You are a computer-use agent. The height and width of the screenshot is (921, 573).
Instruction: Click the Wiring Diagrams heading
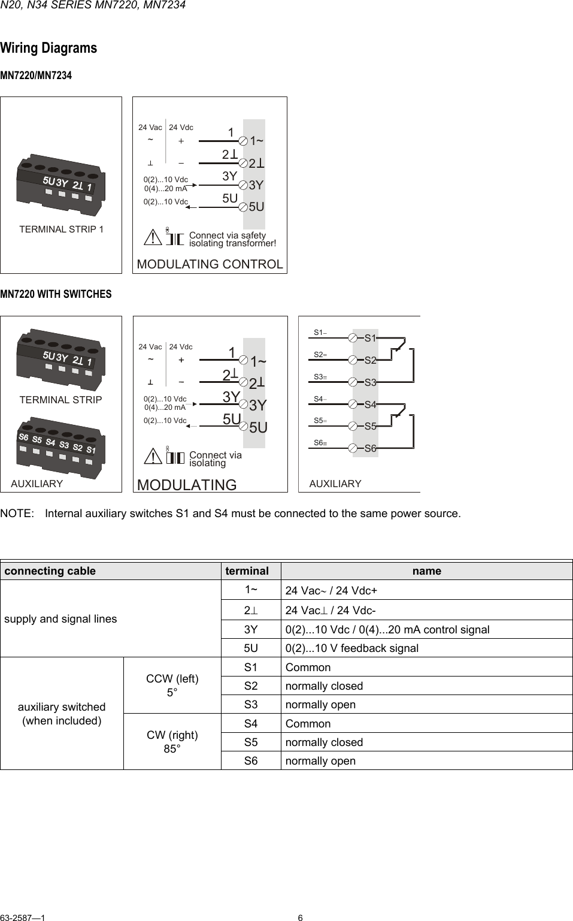(48, 48)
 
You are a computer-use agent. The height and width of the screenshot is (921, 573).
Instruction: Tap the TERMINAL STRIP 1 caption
(61, 229)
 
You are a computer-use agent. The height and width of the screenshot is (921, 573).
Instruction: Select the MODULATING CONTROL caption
(210, 264)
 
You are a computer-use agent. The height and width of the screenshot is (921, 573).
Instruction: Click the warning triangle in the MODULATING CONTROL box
(154, 238)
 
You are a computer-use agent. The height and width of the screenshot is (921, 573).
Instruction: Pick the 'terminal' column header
(247, 570)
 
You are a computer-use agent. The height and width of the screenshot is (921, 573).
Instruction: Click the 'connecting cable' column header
(50, 570)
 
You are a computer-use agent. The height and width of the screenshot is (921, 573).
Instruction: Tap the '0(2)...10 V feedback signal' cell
(352, 648)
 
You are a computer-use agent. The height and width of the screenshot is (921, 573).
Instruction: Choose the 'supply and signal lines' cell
(60, 618)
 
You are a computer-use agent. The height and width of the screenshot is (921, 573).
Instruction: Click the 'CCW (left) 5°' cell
(172, 686)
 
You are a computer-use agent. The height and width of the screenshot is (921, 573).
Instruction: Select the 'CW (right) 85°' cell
(172, 742)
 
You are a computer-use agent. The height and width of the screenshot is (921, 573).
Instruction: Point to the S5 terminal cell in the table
(251, 742)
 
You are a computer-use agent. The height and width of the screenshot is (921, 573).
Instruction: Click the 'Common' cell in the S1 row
(308, 667)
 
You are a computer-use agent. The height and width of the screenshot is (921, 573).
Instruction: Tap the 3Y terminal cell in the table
(251, 629)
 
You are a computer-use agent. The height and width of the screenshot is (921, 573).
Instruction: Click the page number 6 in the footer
(301, 917)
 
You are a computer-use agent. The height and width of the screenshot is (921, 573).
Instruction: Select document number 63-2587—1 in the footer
(23, 917)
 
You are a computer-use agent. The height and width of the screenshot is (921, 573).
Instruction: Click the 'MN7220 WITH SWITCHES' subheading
(56, 294)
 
